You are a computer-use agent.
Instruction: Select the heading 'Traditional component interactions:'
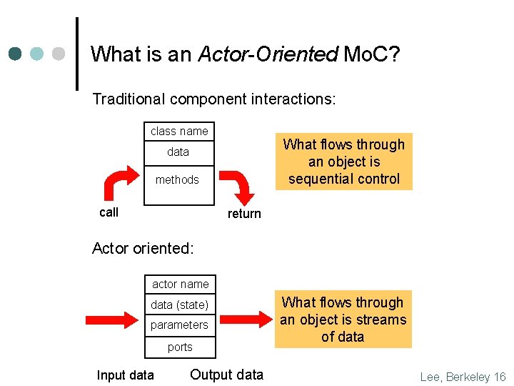point(213,99)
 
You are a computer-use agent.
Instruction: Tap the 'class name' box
point(179,132)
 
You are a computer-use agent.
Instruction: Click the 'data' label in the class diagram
point(178,152)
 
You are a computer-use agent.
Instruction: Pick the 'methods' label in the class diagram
point(177,179)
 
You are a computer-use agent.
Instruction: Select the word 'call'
point(109,212)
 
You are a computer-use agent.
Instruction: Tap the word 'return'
point(244,214)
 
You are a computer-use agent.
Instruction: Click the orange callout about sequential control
point(343,162)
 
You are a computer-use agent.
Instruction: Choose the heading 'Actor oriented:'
point(143,249)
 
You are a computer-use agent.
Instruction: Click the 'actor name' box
point(181,284)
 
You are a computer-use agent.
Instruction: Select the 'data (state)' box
point(179,305)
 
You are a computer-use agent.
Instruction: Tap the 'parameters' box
point(179,325)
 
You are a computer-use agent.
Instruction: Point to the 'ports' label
point(180,347)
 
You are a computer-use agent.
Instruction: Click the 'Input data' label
point(125,375)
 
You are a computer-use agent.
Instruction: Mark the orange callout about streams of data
point(343,320)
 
